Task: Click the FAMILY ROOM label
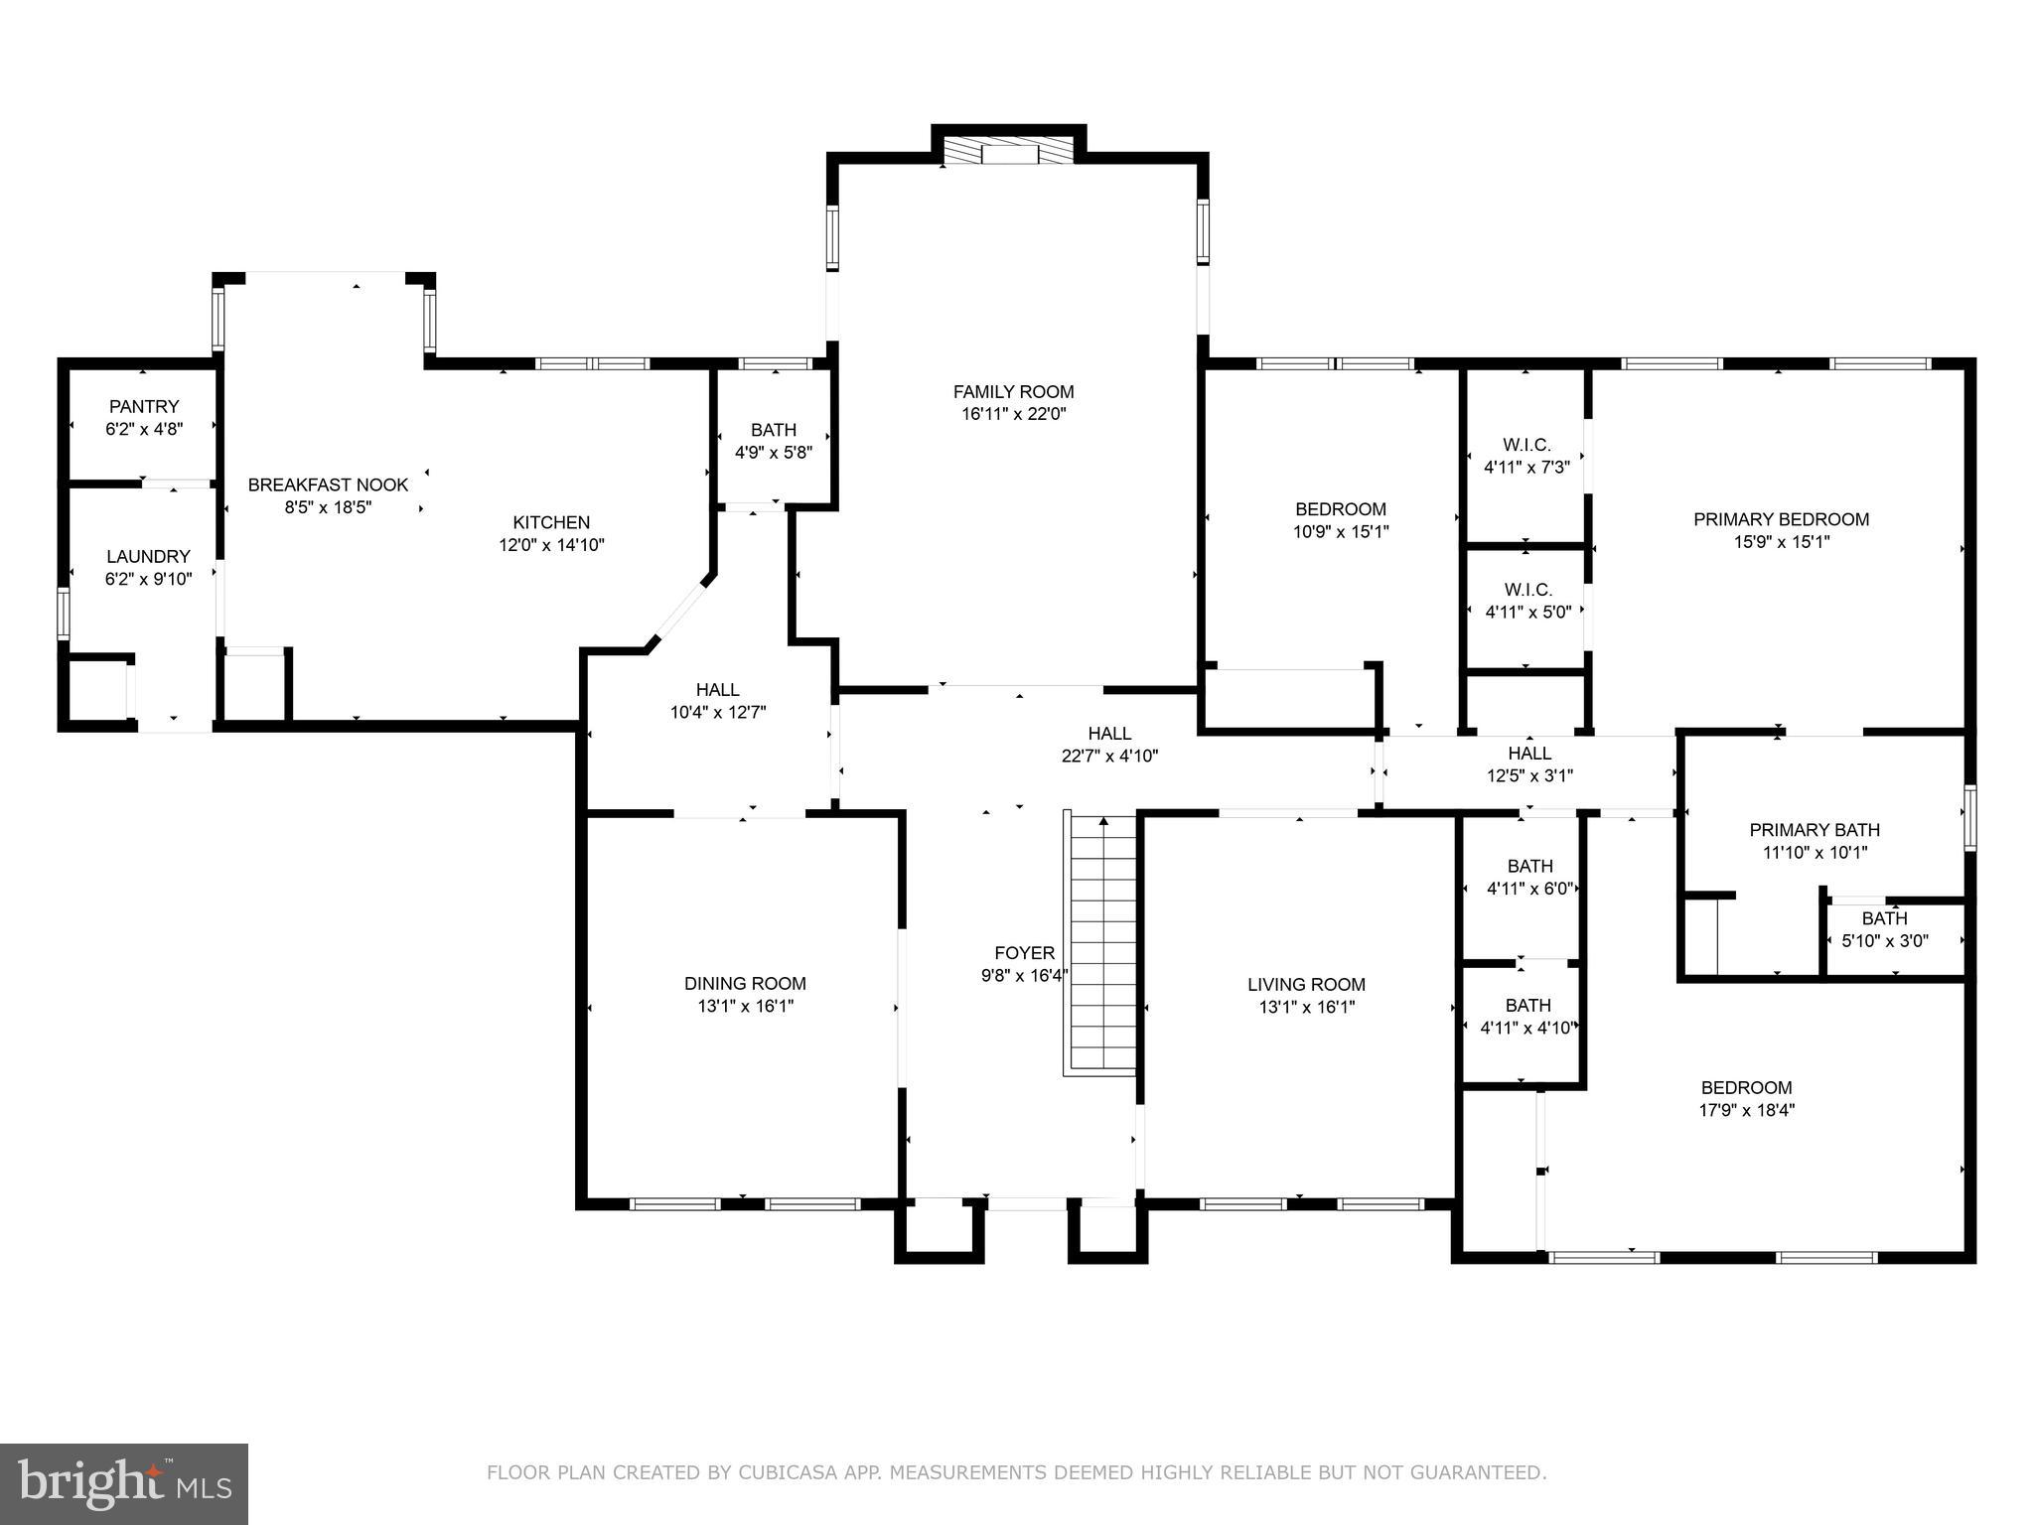[1013, 391]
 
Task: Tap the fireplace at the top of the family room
[1008, 152]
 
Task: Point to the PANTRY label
[144, 406]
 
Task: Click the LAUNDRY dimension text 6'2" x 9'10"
[148, 579]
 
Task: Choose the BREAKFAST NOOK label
[328, 485]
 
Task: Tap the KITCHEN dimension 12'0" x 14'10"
[551, 545]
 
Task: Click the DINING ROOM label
[744, 983]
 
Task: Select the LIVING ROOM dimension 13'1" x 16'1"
[1305, 1007]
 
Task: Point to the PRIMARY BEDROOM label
[1780, 519]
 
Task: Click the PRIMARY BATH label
[1814, 830]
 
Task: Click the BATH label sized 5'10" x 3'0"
[1884, 918]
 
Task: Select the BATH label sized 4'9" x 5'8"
[773, 430]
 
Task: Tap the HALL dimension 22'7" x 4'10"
[1109, 756]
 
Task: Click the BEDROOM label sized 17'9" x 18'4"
[1746, 1087]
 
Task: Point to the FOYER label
[1024, 953]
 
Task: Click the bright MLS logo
[124, 1483]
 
